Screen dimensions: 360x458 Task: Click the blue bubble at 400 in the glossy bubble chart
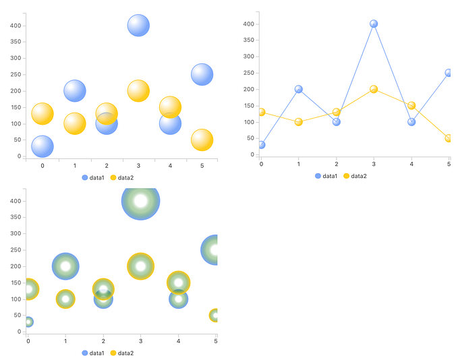138,25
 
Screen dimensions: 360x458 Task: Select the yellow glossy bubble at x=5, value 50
202,140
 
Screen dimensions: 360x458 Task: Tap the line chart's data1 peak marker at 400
374,24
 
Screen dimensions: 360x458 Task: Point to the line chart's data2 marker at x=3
374,89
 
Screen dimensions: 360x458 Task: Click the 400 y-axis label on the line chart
248,24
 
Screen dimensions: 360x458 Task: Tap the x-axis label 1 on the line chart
299,164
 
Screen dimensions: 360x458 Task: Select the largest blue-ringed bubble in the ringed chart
140,201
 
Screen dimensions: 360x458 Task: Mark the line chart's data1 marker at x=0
262,145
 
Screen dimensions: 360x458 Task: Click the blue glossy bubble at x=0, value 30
42,146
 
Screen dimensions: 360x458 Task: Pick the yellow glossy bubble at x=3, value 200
138,90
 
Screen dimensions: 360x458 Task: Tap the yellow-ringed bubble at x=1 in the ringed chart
65,299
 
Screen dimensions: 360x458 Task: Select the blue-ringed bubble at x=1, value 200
65,266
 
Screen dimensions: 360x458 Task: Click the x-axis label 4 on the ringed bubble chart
178,341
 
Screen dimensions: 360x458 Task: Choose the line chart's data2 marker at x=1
299,122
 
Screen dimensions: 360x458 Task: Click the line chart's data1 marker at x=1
299,89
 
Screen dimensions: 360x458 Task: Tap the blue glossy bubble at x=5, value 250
202,74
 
